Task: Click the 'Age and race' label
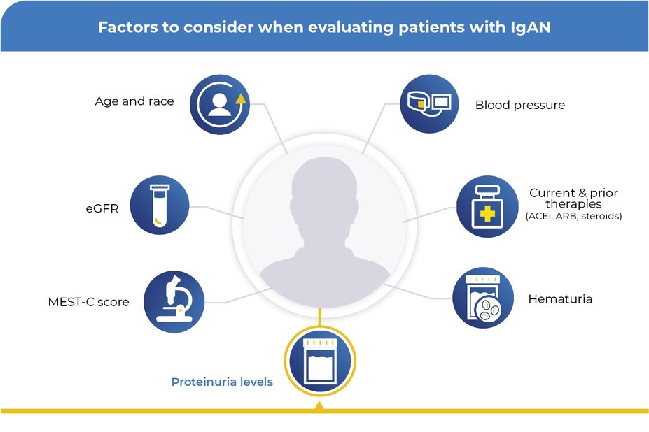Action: pyautogui.click(x=134, y=101)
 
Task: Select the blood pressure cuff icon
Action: pyautogui.click(x=429, y=104)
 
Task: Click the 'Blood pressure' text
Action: pyautogui.click(x=519, y=106)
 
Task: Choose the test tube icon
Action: pyautogui.click(x=160, y=205)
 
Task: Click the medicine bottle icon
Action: pyautogui.click(x=487, y=206)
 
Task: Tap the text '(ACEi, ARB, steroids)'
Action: pyautogui.click(x=573, y=217)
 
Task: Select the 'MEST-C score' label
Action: pyautogui.click(x=88, y=303)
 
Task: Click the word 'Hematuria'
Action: pyautogui.click(x=560, y=299)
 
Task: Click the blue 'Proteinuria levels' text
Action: pyautogui.click(x=222, y=382)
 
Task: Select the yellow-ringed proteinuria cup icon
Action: pyautogui.click(x=319, y=361)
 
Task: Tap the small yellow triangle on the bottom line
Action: pyautogui.click(x=319, y=405)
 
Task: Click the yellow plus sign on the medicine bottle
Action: pyautogui.click(x=486, y=214)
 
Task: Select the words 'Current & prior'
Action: pyautogui.click(x=573, y=193)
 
